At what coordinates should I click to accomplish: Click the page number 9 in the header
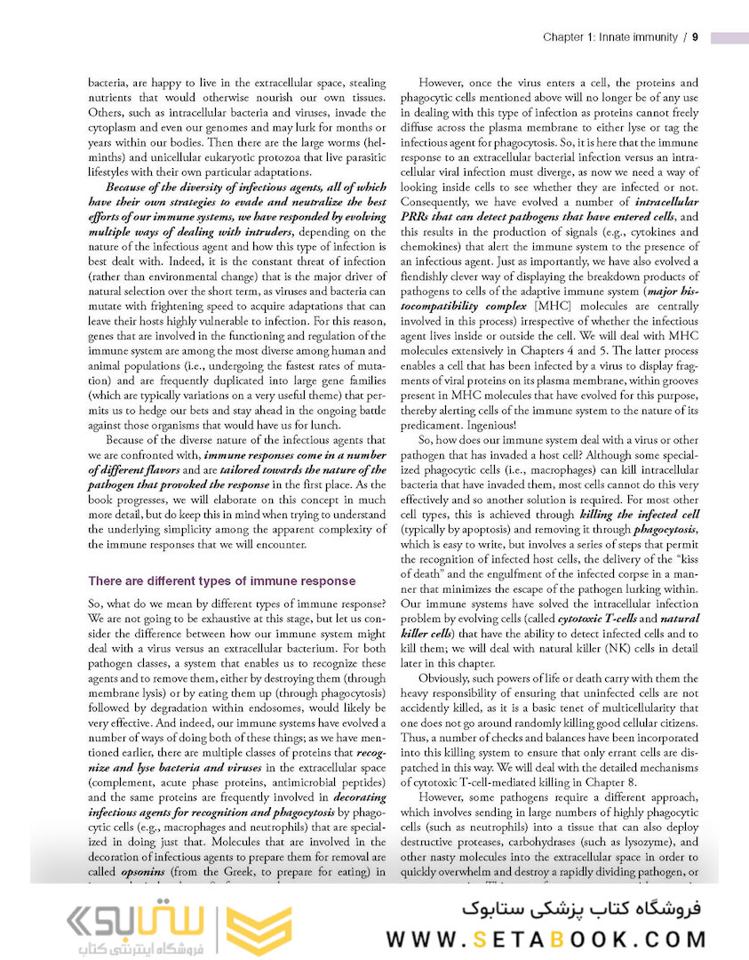pyautogui.click(x=695, y=37)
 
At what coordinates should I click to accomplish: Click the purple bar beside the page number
pyautogui.click(x=729, y=37)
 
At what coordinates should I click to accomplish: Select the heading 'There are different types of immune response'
pyautogui.click(x=221, y=581)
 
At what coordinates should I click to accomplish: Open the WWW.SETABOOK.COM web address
pyautogui.click(x=546, y=939)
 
